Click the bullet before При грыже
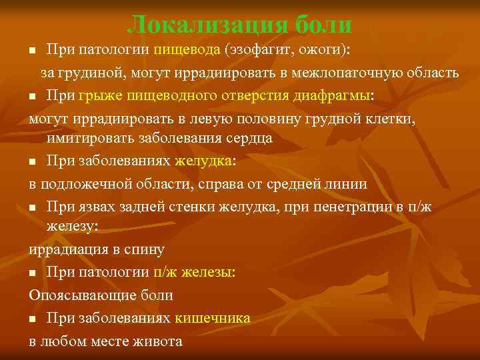(x=33, y=97)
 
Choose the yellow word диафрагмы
(x=333, y=95)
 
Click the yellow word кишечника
(x=213, y=317)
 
